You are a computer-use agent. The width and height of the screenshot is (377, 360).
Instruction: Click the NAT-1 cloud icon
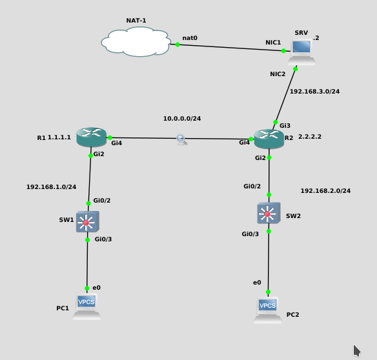click(x=136, y=43)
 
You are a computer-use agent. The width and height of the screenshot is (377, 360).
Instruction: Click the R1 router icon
click(x=91, y=137)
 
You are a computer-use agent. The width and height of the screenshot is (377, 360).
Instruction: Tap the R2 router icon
click(x=269, y=138)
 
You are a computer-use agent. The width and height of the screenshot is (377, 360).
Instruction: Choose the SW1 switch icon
click(x=87, y=221)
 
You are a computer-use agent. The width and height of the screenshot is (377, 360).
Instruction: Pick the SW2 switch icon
click(x=268, y=213)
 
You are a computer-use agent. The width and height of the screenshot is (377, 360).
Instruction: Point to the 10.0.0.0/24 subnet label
click(x=181, y=119)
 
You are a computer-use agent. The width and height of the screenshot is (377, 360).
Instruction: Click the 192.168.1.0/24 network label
click(x=51, y=187)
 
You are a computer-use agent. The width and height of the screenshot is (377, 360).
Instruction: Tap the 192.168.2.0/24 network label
click(x=325, y=191)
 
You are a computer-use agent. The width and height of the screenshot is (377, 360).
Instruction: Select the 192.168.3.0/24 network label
click(x=314, y=92)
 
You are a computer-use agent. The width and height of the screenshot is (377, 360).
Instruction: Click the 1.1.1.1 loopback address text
click(x=59, y=137)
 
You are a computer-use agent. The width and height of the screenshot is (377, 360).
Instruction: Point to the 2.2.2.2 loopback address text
click(x=310, y=137)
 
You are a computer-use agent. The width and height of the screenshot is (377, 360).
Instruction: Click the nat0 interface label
click(x=190, y=38)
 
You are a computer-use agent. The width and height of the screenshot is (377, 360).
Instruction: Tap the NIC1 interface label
click(x=273, y=43)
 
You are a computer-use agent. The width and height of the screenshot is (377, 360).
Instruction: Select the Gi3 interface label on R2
click(x=285, y=125)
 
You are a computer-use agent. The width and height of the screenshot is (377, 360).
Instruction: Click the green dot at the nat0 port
click(x=178, y=45)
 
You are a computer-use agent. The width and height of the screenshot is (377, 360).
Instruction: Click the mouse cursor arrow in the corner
click(x=356, y=350)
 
